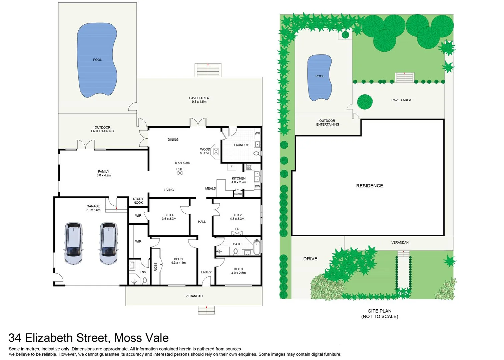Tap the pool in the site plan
tap(320, 77)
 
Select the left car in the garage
tap(73, 243)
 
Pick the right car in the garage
tap(108, 243)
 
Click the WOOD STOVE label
tap(205, 151)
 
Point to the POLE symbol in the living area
tap(180, 173)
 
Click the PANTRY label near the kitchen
tap(238, 194)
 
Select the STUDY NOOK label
tap(138, 201)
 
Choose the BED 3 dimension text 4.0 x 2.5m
tap(238, 273)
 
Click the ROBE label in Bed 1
tap(156, 267)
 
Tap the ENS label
tap(143, 272)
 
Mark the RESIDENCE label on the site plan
tap(370, 186)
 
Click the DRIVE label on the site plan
tap(310, 259)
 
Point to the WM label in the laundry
tap(257, 133)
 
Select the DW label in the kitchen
tap(257, 186)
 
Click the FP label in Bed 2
tap(237, 229)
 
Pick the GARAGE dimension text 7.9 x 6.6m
tap(93, 210)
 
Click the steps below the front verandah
tap(206, 310)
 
